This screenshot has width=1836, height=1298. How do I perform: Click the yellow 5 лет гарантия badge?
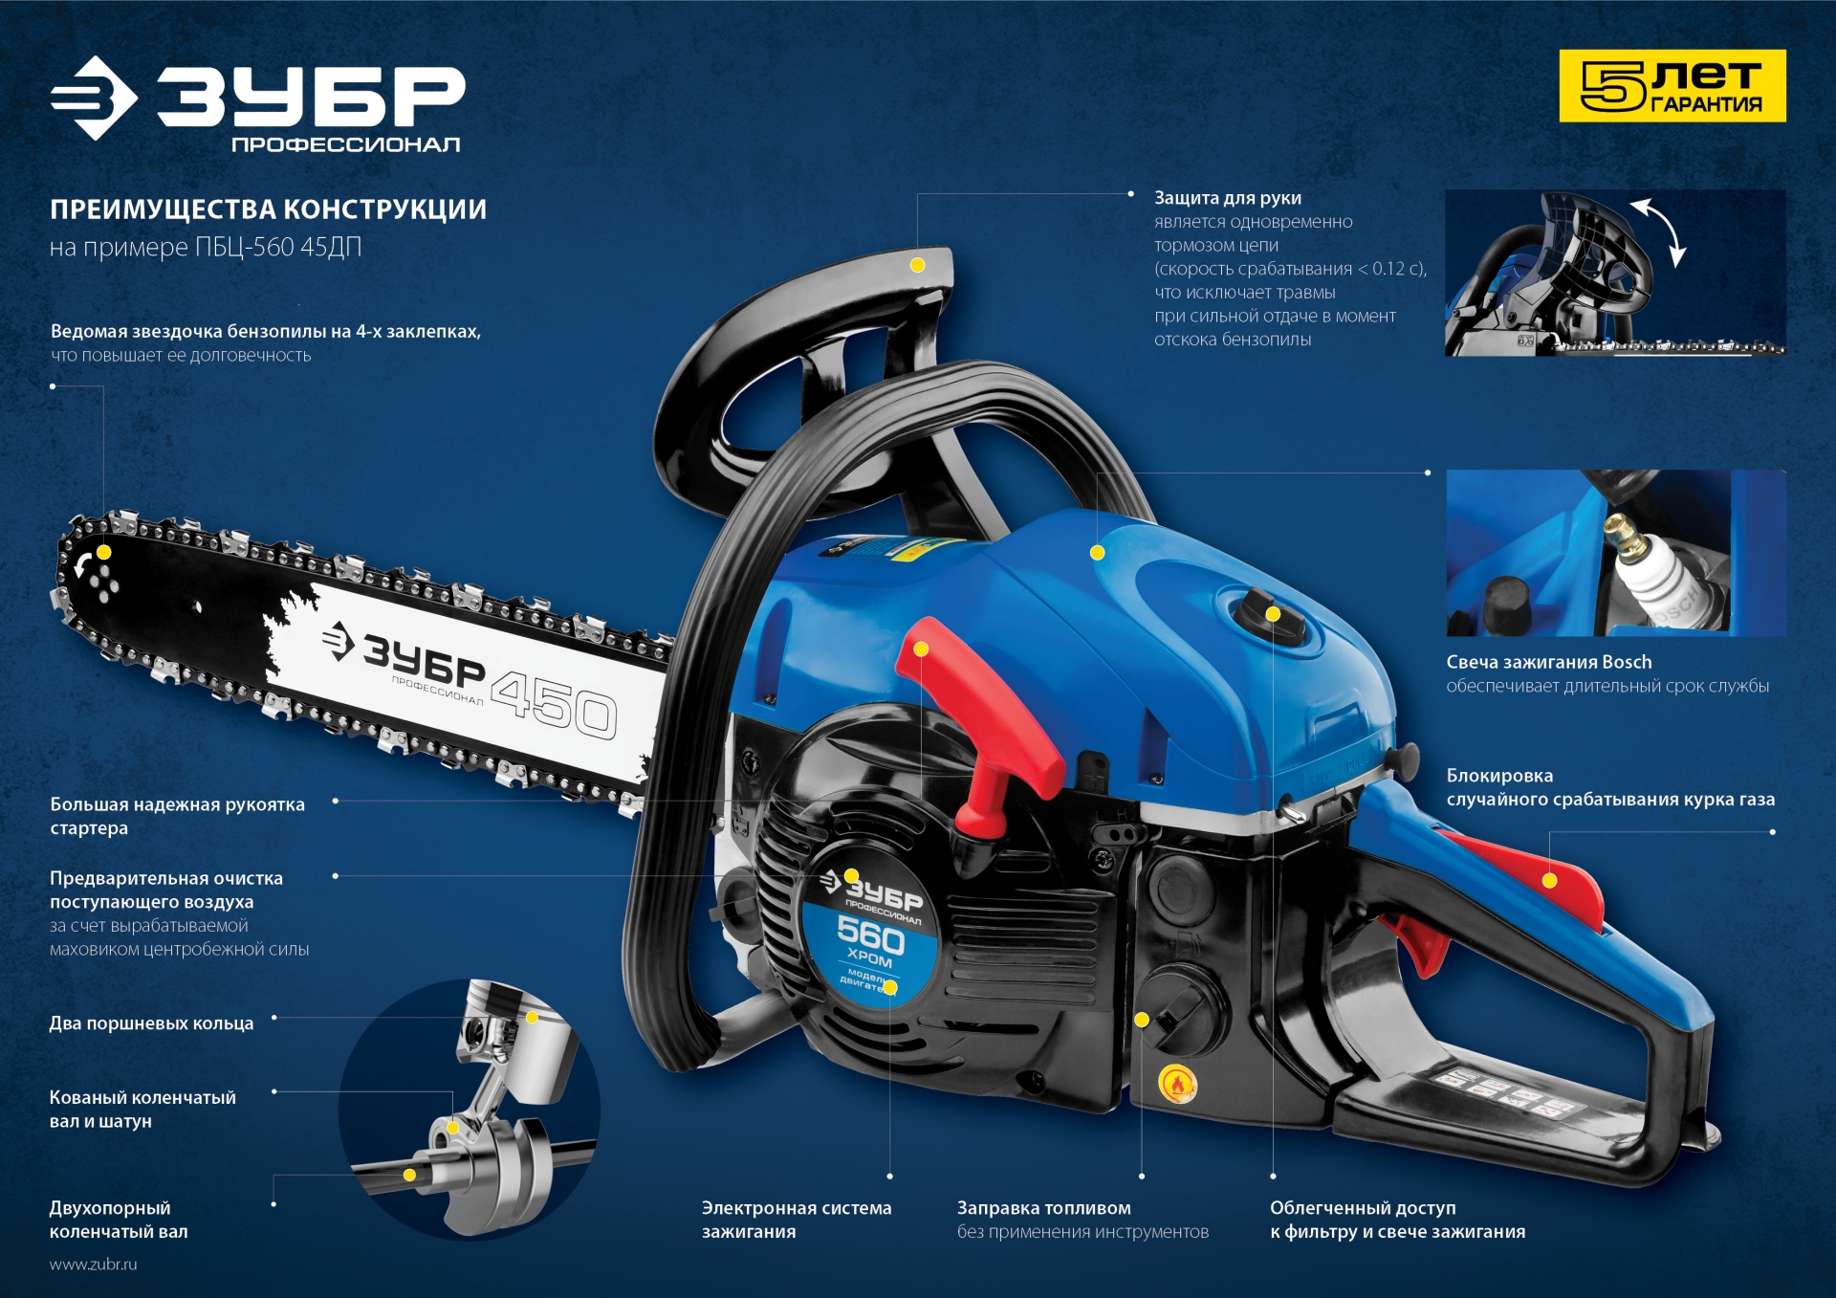(1672, 86)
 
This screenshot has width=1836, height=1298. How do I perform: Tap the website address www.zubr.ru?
(93, 1264)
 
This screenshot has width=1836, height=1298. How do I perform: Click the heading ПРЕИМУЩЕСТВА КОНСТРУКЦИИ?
(268, 209)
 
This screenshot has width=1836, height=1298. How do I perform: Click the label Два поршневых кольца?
(151, 1023)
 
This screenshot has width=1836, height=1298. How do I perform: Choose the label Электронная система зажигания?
(796, 1220)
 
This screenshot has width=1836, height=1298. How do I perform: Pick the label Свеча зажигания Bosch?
(1548, 662)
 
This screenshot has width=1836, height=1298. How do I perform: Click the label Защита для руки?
(1227, 198)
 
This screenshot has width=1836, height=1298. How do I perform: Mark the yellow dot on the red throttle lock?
(1550, 880)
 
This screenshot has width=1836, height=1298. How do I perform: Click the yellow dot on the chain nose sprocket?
(103, 552)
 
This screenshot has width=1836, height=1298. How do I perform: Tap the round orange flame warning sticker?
(1177, 1085)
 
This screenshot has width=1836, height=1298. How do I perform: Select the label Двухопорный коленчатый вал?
(119, 1220)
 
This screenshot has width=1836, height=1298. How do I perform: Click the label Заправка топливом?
(1043, 1208)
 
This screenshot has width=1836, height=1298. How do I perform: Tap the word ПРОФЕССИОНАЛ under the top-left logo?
(345, 144)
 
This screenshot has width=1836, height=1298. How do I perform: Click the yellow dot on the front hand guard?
(917, 265)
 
